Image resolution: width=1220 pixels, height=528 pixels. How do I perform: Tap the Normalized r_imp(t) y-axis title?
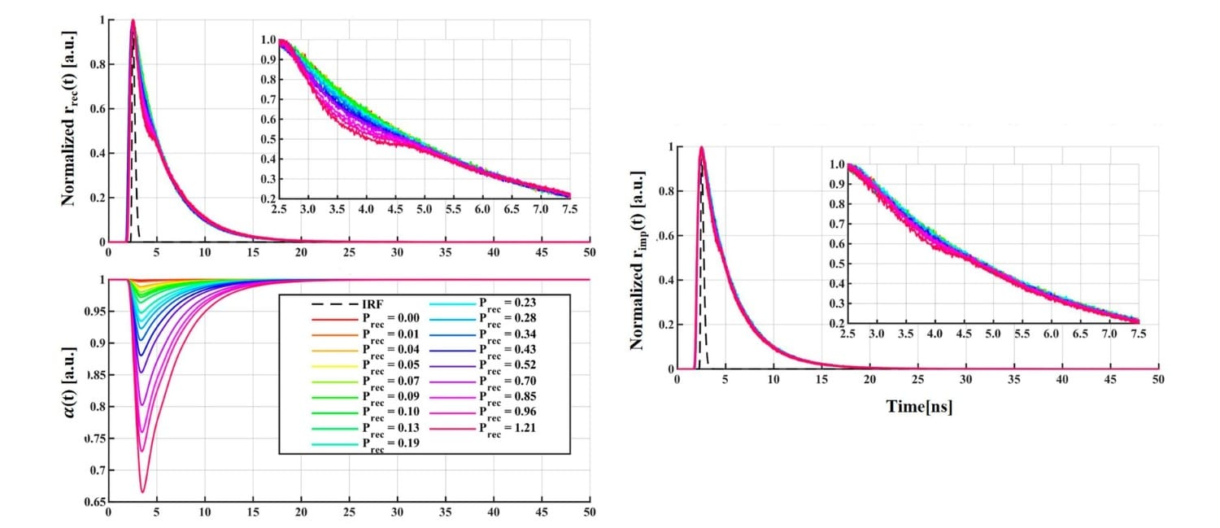click(636, 256)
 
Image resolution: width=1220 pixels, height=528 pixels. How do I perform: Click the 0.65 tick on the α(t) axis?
click(96, 502)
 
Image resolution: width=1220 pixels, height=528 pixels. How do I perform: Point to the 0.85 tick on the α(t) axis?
click(96, 375)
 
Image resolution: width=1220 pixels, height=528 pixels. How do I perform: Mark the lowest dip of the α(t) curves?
click(143, 491)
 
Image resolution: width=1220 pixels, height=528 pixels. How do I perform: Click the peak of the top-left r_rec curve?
click(133, 21)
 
